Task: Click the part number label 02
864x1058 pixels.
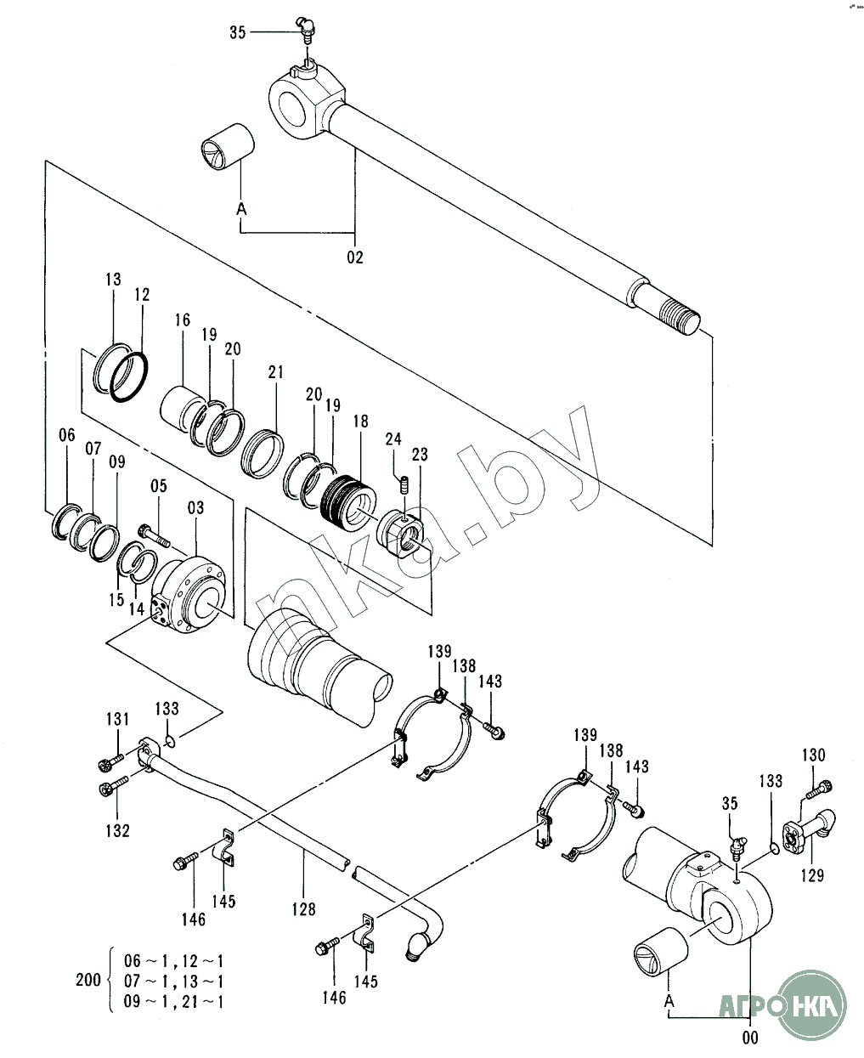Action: point(354,257)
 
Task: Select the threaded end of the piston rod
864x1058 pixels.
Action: point(680,317)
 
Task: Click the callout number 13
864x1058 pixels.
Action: point(113,280)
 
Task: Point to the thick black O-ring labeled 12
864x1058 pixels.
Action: point(129,376)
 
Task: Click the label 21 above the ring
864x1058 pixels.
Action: point(276,372)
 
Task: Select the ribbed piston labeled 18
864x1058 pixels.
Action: point(348,504)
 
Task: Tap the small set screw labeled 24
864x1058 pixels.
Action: point(405,485)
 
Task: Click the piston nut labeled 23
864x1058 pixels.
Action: point(401,535)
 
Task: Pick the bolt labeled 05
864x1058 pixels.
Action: point(155,535)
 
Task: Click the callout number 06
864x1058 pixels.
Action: point(67,435)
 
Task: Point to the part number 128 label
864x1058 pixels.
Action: point(304,909)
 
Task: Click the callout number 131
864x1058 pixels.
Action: point(117,719)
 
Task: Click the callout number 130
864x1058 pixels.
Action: point(813,755)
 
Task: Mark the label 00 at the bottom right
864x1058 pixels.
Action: point(750,1038)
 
